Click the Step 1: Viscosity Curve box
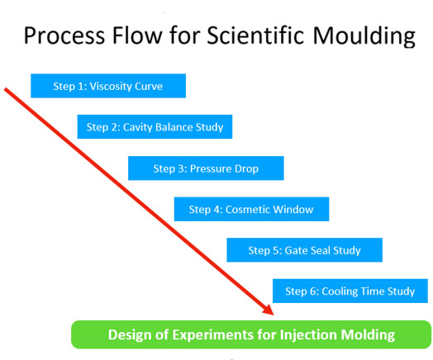tap(108, 86)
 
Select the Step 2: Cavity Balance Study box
tap(155, 126)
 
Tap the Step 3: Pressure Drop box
tap(206, 168)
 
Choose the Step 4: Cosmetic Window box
tap(251, 209)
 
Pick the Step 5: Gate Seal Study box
tap(305, 250)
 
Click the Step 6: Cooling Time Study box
tap(350, 291)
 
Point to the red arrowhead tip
tap(274, 315)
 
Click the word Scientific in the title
tap(255, 36)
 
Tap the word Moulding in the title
tap(364, 36)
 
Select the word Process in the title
tap(64, 36)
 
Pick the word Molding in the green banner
tap(368, 335)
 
